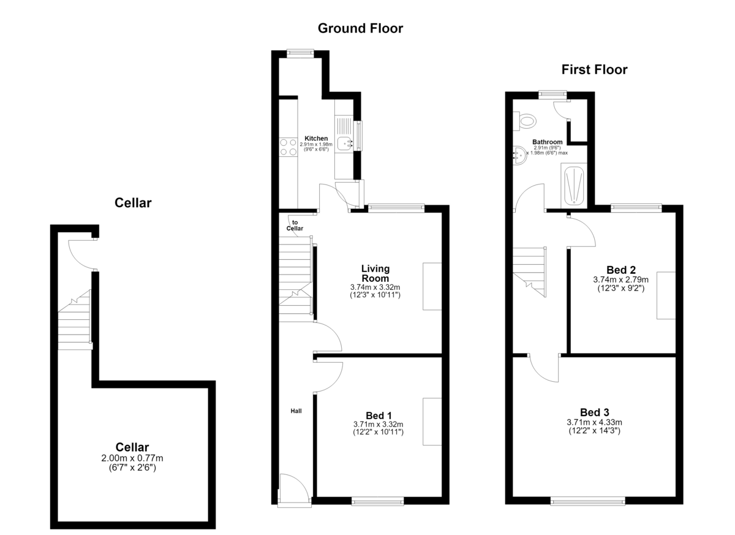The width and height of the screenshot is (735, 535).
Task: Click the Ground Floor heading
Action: (x=360, y=29)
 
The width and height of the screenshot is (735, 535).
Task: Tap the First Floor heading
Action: (x=594, y=70)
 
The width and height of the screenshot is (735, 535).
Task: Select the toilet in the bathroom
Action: (x=525, y=121)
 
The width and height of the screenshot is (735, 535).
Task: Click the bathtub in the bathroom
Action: (x=574, y=186)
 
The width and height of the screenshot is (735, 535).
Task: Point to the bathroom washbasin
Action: (x=520, y=155)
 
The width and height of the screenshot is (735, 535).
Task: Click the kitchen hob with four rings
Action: (x=288, y=147)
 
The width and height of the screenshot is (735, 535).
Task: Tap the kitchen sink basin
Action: (x=344, y=144)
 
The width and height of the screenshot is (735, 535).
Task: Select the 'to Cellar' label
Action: (x=295, y=226)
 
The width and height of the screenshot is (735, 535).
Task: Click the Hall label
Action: (x=296, y=411)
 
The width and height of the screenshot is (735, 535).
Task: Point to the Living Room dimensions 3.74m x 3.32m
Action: (x=375, y=287)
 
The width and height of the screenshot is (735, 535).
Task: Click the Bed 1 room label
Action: (x=379, y=415)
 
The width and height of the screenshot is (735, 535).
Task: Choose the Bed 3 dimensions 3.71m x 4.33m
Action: (x=594, y=422)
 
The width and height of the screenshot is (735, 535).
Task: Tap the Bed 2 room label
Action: (x=621, y=270)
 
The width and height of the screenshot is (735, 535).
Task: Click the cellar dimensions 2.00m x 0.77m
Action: (x=132, y=458)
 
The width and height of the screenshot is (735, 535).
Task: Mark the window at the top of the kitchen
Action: (x=300, y=53)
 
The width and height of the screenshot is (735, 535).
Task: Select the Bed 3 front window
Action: (x=587, y=501)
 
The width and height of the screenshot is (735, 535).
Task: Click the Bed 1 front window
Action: (x=378, y=501)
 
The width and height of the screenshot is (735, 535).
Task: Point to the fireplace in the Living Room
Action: (x=432, y=286)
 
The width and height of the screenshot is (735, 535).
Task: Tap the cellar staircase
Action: (x=74, y=320)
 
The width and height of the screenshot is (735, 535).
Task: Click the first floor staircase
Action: (x=530, y=272)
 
